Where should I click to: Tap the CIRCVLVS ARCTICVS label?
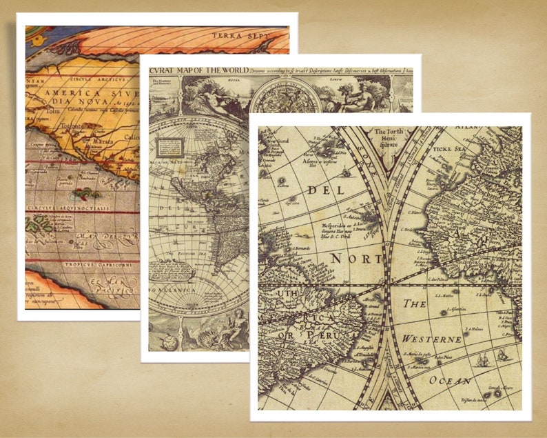[87, 79]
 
